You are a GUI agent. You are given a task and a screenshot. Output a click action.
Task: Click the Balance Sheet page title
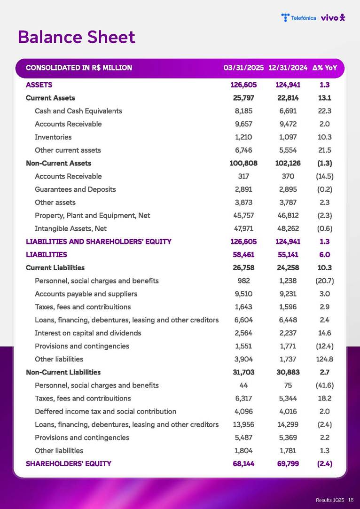77,37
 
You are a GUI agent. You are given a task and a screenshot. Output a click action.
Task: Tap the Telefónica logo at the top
299,18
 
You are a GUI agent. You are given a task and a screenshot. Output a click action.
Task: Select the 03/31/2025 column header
243,68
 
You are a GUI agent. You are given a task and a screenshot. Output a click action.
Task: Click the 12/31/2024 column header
288,68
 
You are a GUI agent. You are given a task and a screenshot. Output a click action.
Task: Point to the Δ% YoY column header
325,68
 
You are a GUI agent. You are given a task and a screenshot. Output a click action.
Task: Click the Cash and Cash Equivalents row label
78,111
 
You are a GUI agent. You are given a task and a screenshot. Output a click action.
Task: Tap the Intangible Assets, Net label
70,228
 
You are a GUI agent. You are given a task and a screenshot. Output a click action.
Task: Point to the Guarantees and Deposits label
75,189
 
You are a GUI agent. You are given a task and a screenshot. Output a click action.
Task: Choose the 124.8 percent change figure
325,359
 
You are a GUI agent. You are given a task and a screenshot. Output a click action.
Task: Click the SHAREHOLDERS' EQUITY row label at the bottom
69,463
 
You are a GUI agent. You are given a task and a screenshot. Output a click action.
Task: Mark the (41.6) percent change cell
325,385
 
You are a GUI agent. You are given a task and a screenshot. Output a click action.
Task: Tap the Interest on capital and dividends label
88,333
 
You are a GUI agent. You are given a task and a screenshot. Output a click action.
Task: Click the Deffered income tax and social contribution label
105,411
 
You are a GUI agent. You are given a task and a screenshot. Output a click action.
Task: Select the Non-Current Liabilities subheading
63,372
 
